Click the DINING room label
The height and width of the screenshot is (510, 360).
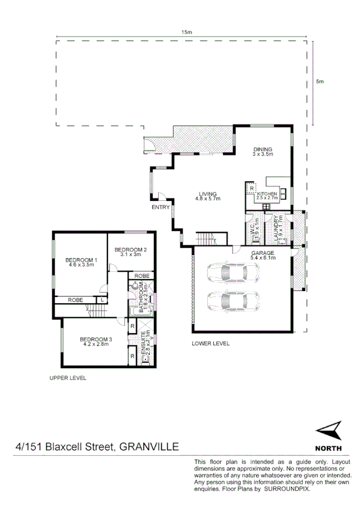263,150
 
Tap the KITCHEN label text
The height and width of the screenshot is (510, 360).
266,193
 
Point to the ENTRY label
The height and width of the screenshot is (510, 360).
160,207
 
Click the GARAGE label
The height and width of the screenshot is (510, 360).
263,253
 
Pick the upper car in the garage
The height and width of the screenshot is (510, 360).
232,274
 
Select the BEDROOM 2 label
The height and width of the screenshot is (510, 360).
130,250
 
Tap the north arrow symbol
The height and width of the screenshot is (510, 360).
328,431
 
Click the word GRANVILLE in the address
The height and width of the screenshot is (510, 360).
149,447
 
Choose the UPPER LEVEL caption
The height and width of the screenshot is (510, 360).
68,378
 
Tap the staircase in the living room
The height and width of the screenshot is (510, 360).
210,239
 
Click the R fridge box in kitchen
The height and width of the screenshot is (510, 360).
251,188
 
